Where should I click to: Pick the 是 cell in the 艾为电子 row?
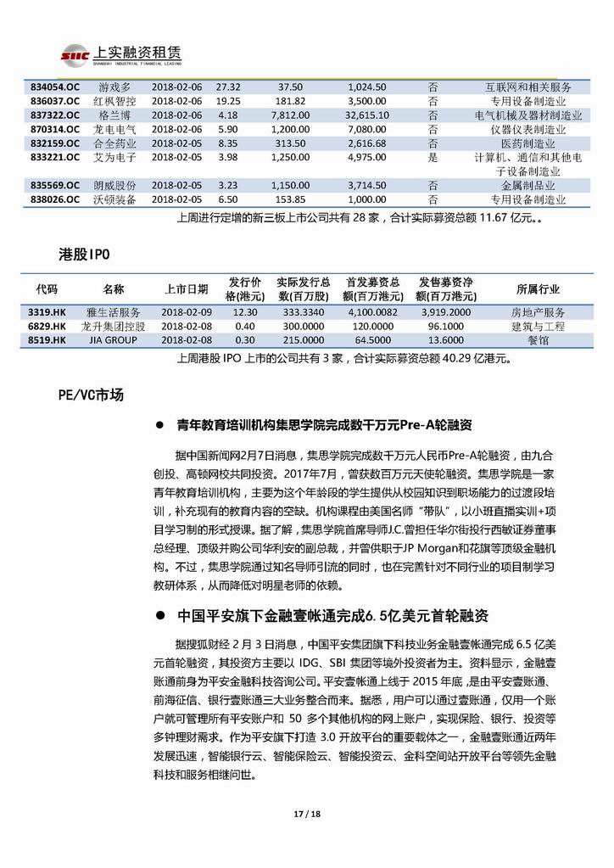433,158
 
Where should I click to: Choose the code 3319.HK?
47,311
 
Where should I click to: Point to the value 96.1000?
445,326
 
